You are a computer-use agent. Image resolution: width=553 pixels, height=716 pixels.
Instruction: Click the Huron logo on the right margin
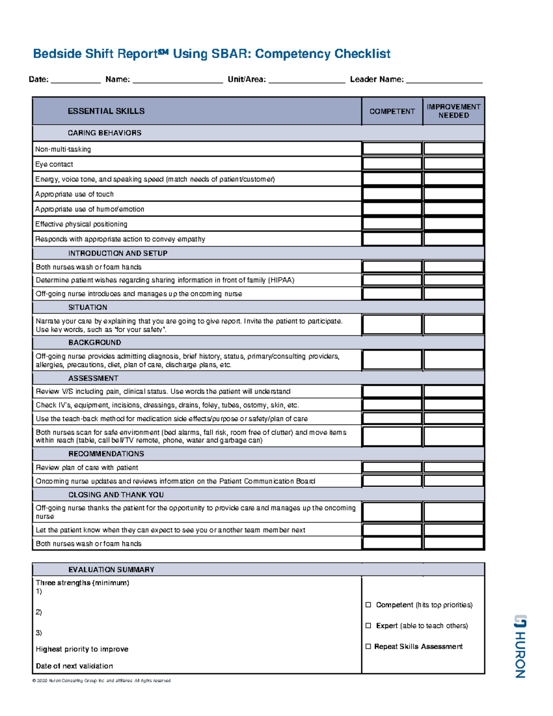[x=520, y=646]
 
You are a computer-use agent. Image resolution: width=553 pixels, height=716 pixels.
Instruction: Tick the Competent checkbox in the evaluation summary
[x=368, y=605]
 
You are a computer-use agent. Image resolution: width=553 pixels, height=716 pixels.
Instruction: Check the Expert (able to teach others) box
[x=368, y=626]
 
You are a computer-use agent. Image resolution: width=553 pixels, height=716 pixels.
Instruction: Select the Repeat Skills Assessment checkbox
[x=368, y=646]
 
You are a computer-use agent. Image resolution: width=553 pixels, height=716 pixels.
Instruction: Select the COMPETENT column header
[x=392, y=111]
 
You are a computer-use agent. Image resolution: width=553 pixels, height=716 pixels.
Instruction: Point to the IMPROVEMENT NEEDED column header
[x=453, y=111]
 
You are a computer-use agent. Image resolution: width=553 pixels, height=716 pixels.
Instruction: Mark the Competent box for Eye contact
[x=392, y=164]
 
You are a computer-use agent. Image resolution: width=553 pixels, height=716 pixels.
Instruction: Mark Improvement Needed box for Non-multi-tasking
[x=453, y=148]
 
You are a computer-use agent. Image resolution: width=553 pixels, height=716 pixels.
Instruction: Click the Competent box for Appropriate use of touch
[x=392, y=194]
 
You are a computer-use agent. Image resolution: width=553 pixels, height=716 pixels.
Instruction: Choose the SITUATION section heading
[x=88, y=308]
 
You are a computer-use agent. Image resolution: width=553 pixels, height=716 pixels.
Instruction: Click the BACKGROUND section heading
[x=94, y=343]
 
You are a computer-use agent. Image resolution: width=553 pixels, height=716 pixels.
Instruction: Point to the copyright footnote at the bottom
[x=101, y=680]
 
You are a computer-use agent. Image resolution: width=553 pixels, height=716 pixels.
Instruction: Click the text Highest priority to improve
[x=82, y=649]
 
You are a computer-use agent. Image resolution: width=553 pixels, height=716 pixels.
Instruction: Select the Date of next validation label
[x=74, y=666]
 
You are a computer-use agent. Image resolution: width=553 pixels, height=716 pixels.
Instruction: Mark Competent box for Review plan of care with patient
[x=392, y=467]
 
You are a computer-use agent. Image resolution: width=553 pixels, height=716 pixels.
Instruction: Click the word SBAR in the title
[x=230, y=54]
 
